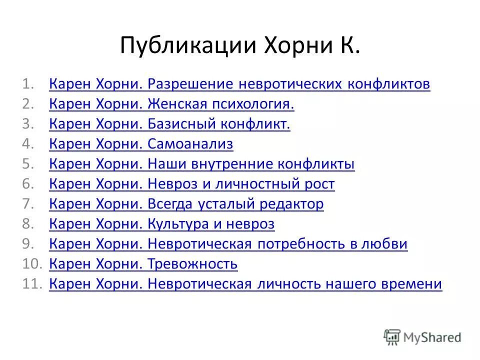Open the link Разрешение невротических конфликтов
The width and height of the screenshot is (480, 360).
point(289,84)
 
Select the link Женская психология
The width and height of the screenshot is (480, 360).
point(221,104)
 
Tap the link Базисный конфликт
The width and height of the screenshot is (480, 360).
point(219,124)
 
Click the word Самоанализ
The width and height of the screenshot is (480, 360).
point(190,144)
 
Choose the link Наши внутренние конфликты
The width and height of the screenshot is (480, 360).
point(251,164)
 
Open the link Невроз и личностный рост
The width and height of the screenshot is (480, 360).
point(241,184)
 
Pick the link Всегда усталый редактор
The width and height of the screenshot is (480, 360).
point(235,204)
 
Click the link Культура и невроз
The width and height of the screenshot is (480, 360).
point(211,224)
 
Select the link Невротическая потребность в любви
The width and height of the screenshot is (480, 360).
point(277,244)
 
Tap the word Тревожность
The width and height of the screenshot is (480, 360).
point(192,264)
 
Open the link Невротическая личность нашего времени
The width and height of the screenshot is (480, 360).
point(294,284)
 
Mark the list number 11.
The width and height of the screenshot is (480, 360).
point(31,284)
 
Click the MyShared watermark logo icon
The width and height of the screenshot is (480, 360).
point(392,337)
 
